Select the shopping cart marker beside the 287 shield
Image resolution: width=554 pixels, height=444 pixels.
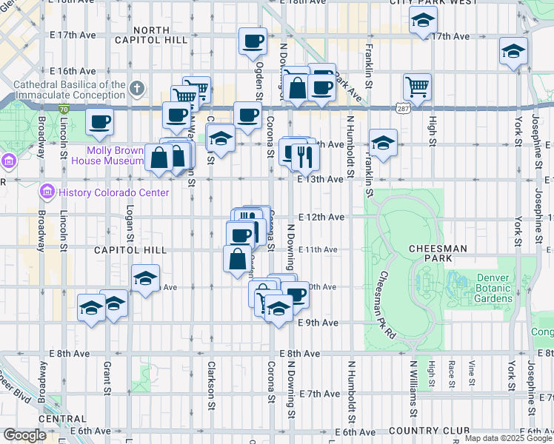click(x=417, y=87)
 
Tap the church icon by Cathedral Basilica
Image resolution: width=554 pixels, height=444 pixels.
click(x=136, y=90)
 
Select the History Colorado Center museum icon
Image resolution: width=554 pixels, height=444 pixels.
click(x=47, y=192)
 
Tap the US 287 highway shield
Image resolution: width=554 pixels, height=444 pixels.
click(x=399, y=109)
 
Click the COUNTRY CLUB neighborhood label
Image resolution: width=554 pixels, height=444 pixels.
click(x=430, y=431)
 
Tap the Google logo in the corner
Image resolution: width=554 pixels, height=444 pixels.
click(x=24, y=435)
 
